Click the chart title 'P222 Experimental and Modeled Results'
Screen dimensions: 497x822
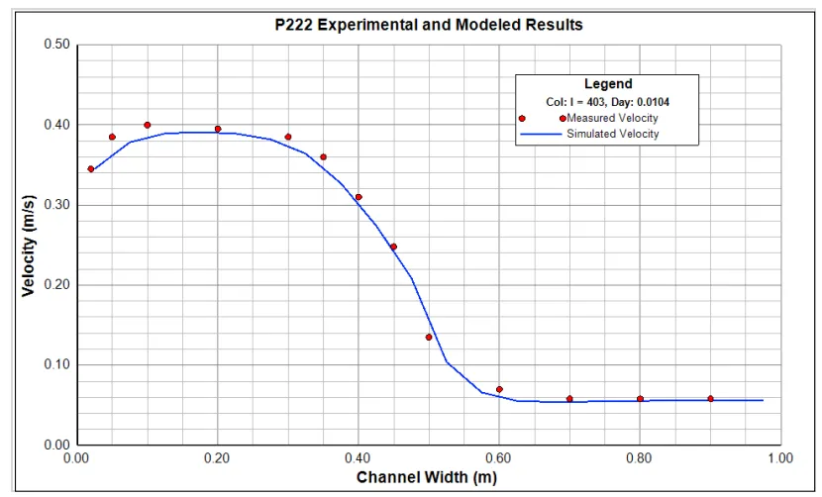(x=428, y=25)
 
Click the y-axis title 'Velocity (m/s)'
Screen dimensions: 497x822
(x=29, y=245)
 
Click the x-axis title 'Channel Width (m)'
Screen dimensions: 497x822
(x=428, y=478)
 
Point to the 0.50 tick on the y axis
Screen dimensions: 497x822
(x=56, y=45)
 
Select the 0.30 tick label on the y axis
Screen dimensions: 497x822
(x=56, y=205)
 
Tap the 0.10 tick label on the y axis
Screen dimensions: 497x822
(x=56, y=364)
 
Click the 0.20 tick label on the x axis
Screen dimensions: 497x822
(x=217, y=459)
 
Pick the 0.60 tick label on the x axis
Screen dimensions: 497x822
(x=498, y=459)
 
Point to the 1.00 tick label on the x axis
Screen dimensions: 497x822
(x=779, y=459)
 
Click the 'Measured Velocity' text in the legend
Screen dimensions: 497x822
(x=612, y=118)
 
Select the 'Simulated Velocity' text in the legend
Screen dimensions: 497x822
(x=612, y=134)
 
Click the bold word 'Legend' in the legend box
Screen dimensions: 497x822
(x=607, y=84)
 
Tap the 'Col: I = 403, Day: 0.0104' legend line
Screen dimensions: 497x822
(x=607, y=101)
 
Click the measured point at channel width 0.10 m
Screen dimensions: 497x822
(x=147, y=125)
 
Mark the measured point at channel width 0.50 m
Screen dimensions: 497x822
(x=429, y=337)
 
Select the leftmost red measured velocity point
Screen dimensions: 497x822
(x=91, y=169)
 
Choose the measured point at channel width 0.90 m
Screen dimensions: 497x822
(x=710, y=398)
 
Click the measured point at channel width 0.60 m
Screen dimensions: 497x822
(x=499, y=389)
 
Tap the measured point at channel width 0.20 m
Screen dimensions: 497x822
(x=218, y=129)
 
